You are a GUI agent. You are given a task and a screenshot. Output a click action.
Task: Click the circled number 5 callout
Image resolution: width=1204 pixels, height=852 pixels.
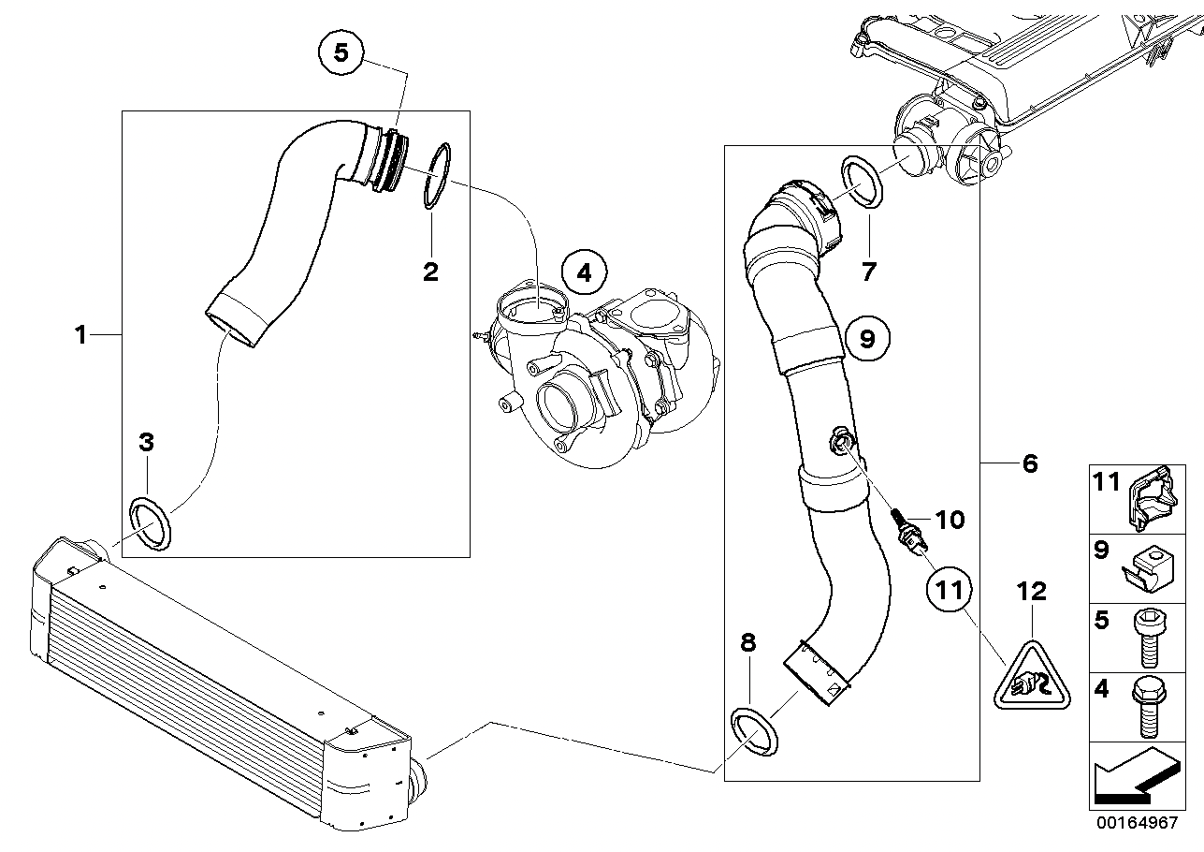341,54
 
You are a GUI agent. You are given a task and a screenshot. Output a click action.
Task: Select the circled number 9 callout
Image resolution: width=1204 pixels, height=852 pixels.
867,338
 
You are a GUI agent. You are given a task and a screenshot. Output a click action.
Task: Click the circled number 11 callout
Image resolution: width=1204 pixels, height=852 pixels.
950,590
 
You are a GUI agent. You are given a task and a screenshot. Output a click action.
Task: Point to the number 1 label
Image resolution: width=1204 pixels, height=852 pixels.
81,334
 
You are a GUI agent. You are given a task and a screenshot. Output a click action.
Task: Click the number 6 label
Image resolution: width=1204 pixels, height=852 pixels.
1029,463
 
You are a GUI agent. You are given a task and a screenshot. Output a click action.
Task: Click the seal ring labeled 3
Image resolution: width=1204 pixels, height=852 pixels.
151,524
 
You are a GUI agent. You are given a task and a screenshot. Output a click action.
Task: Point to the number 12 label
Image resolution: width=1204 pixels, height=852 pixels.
1032,591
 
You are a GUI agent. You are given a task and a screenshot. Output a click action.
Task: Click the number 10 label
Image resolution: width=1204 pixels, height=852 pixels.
950,520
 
